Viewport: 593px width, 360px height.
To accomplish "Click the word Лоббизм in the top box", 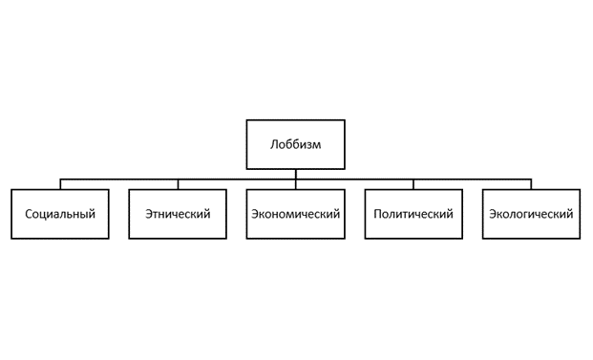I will pyautogui.click(x=295, y=145).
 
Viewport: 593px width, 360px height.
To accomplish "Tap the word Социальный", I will pyautogui.click(x=60, y=214).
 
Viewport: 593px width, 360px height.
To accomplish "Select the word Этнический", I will pyautogui.click(x=178, y=214).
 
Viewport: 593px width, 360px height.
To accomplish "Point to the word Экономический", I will pyautogui.click(x=295, y=214).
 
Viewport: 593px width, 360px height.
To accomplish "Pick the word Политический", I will pyautogui.click(x=413, y=214).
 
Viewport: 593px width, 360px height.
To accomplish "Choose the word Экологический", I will pyautogui.click(x=531, y=214).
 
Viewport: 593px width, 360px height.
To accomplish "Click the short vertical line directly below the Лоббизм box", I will pyautogui.click(x=295, y=174).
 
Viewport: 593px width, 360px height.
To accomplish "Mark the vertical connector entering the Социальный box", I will pyautogui.click(x=60, y=184).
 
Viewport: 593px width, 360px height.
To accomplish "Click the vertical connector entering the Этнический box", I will pyautogui.click(x=178, y=184).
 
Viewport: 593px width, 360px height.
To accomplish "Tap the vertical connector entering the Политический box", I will pyautogui.click(x=413, y=184).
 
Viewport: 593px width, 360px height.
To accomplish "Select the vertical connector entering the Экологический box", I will pyautogui.click(x=531, y=184).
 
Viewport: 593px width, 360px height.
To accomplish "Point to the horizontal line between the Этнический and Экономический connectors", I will pyautogui.click(x=237, y=179).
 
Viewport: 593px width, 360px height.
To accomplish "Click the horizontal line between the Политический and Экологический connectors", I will pyautogui.click(x=473, y=179).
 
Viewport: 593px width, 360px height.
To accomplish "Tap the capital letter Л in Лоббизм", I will pyautogui.click(x=274, y=145).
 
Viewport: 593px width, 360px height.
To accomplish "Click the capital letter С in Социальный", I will pyautogui.click(x=28, y=214).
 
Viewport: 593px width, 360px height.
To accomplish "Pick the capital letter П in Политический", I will pyautogui.click(x=378, y=214).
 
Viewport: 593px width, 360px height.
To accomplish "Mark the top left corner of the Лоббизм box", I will pyautogui.click(x=247, y=120).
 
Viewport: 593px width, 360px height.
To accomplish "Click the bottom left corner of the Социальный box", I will pyautogui.click(x=12, y=238).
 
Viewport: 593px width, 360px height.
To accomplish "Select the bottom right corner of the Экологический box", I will pyautogui.click(x=579, y=238).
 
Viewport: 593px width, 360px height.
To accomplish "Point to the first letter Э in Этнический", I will pyautogui.click(x=149, y=214).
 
